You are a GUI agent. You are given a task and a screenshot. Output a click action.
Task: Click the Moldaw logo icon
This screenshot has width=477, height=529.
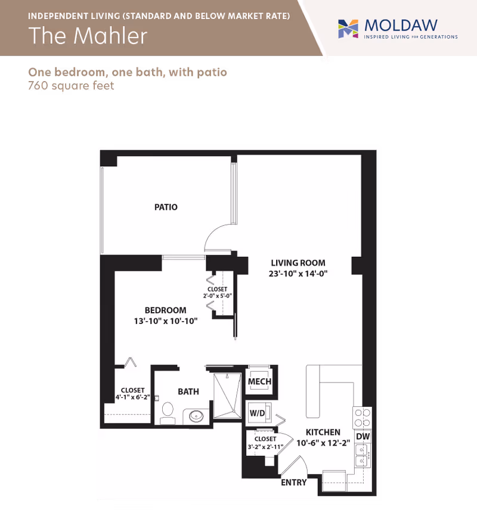[348, 29]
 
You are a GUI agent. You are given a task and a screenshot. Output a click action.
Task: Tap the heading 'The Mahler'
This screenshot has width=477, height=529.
[88, 35]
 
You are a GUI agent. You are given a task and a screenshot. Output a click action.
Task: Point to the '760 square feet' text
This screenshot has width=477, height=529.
[71, 86]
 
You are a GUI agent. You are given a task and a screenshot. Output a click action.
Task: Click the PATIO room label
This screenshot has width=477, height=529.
[166, 207]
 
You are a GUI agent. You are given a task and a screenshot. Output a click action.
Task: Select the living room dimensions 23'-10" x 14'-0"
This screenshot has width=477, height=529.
[298, 273]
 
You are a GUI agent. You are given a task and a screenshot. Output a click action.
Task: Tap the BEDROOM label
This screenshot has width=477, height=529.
[165, 310]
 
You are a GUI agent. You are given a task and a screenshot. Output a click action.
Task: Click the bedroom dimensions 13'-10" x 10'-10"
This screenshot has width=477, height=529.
[165, 321]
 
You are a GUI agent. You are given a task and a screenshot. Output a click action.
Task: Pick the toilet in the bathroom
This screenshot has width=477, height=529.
[168, 413]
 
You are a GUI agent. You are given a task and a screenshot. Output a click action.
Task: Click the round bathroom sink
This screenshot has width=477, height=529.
[196, 416]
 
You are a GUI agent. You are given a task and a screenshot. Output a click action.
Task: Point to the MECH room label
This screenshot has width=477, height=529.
[259, 382]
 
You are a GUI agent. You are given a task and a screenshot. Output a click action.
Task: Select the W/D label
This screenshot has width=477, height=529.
[257, 413]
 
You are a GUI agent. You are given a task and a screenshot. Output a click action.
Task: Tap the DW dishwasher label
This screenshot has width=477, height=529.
[363, 436]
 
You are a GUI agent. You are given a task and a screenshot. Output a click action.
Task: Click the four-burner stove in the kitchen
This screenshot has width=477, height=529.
[362, 418]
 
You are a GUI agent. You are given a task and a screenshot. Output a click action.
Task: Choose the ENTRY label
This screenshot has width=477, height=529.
[294, 483]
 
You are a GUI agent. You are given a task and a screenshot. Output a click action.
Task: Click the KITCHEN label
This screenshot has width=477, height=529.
[323, 432]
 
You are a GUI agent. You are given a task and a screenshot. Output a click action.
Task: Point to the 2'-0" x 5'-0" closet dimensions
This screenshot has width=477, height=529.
[218, 296]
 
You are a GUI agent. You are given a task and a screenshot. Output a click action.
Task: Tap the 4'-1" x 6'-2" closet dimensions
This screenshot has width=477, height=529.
[133, 397]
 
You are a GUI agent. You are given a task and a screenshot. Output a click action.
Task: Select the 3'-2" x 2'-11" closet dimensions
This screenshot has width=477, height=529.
[265, 447]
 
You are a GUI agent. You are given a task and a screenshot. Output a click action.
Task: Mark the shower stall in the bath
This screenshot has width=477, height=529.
[228, 395]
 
